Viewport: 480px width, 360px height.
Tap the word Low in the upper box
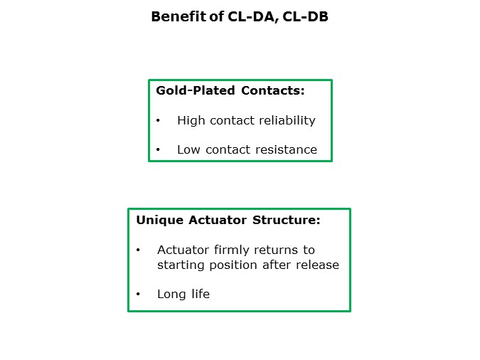189,149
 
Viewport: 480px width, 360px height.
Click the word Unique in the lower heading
160,220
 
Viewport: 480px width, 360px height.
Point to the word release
318,265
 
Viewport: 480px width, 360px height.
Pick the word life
200,294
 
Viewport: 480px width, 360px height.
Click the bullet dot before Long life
138,295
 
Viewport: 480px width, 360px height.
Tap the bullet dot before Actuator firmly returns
138,250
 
